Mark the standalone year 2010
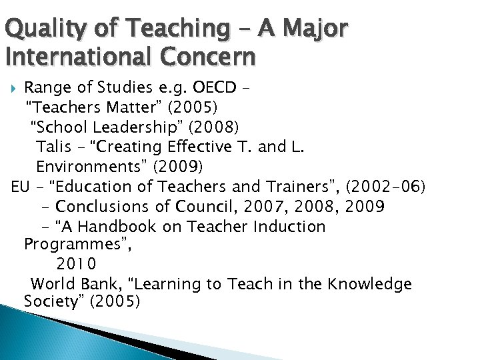coord(77,265)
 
